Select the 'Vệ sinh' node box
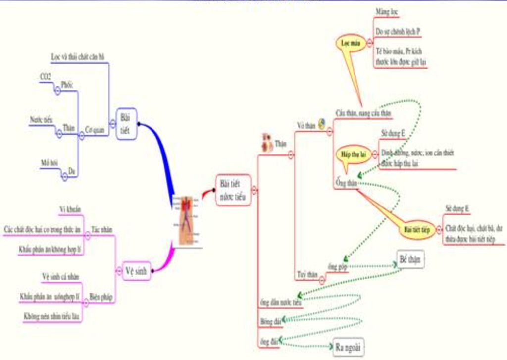click(136, 270)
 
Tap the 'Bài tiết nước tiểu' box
click(233, 190)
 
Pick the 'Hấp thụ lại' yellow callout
click(353, 154)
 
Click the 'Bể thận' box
click(411, 259)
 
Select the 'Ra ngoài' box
click(348, 346)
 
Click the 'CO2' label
click(45, 77)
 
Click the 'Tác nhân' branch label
click(101, 229)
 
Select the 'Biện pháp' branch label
click(101, 297)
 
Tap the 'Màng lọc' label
click(387, 11)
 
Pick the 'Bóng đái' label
click(270, 321)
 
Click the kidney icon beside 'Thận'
click(267, 142)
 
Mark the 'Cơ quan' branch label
click(95, 130)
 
